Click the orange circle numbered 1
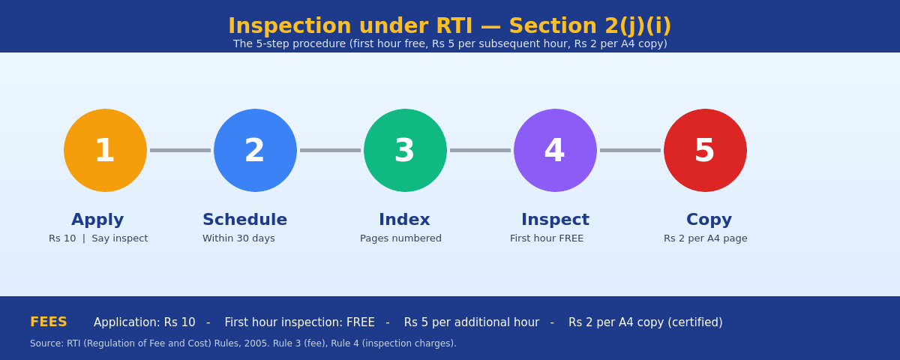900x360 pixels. pos(105,150)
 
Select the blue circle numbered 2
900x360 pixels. pos(255,150)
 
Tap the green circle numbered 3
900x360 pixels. pos(405,150)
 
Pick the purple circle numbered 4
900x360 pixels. pos(555,150)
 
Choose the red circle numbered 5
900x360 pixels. pos(705,150)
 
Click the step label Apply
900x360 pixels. pos(97,220)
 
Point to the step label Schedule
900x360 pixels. pos(244,220)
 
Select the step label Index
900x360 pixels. pos(404,220)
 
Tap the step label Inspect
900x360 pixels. pos(555,220)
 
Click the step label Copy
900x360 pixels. pos(709,220)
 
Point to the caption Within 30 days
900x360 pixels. pos(238,238)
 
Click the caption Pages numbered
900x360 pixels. pos(400,238)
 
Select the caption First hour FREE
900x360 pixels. pos(547,238)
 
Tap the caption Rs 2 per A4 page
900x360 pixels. pos(706,238)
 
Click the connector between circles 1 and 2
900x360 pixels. pos(181,150)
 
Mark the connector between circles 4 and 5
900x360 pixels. pos(631,150)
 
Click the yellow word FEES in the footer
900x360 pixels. pos(49,322)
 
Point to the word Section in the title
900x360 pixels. pos(553,26)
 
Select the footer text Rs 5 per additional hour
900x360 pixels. pos(471,322)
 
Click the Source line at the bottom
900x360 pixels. pos(243,343)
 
